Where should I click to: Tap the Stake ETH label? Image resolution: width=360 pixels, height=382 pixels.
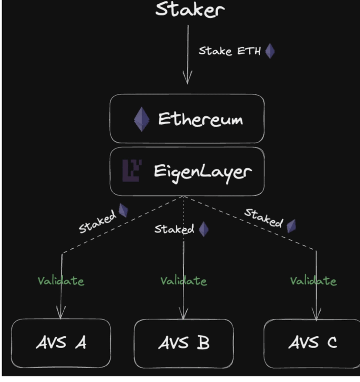coord(230,51)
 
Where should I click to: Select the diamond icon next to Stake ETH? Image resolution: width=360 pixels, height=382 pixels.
coord(270,52)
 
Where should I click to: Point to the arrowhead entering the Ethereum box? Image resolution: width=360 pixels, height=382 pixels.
coord(187,78)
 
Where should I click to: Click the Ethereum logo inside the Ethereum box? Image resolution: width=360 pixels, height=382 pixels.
coord(141,119)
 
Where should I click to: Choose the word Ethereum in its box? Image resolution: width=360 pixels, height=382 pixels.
coord(200,119)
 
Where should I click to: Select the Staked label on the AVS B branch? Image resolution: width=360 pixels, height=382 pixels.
coord(174,229)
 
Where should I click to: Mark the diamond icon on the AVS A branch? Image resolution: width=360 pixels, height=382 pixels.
coord(123,210)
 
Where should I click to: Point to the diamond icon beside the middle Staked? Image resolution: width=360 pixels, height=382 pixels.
coord(204,229)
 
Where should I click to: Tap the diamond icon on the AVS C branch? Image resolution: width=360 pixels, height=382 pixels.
coord(291,225)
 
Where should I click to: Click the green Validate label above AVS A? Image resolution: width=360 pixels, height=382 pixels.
coord(61,281)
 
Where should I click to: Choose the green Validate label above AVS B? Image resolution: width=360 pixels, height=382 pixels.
coord(183,281)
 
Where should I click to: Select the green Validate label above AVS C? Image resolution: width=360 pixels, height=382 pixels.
coord(313,281)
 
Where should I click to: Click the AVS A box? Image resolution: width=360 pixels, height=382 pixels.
coord(61,343)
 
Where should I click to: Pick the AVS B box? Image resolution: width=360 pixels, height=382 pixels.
coord(183,343)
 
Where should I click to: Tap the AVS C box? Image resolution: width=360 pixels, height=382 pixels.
coord(313,343)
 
